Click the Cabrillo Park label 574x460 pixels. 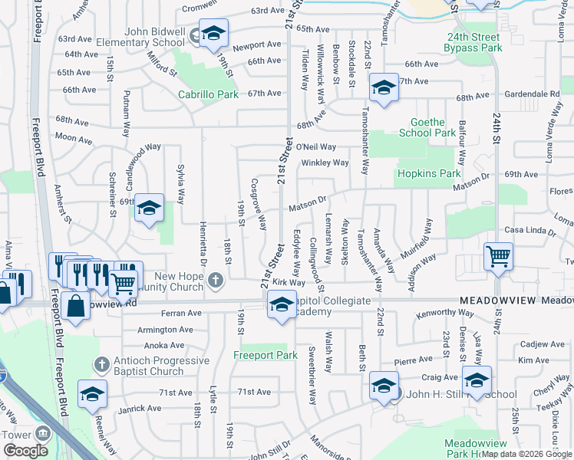coord(208,95)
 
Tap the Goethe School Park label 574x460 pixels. coord(427,127)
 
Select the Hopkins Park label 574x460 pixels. coord(428,174)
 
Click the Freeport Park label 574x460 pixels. coord(265,355)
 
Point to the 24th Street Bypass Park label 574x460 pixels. coord(473,41)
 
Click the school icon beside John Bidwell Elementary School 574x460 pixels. coord(214,34)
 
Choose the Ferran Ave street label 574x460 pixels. coord(181,313)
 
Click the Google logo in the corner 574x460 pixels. coord(26,451)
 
